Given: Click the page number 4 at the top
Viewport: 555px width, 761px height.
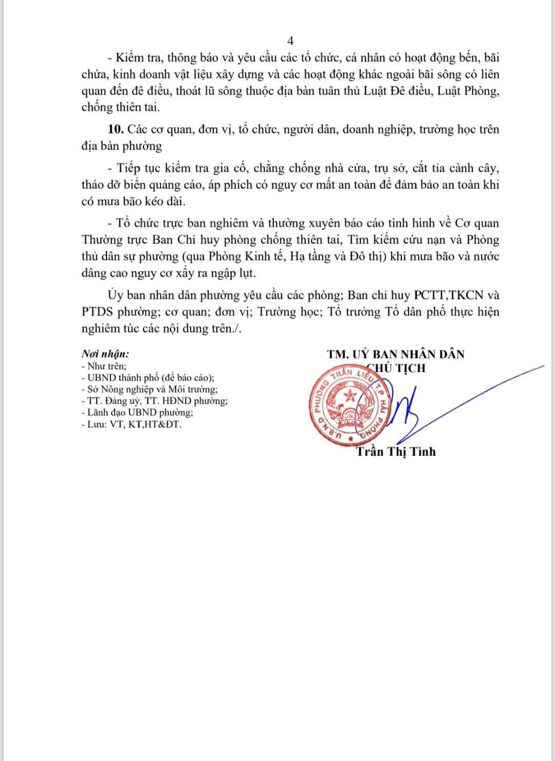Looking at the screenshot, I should point(290,41).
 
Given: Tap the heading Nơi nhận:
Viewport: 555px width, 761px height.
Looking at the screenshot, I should point(105,354).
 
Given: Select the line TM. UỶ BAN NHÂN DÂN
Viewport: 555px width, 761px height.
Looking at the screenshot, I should point(395,354).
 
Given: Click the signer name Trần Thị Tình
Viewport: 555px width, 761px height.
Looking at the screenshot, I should point(396,452).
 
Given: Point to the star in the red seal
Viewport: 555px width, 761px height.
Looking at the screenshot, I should point(350,396).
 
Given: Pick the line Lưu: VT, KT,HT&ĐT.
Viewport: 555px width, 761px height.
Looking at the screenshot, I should point(131,425).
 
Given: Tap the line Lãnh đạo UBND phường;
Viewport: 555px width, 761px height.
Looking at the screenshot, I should point(137,413).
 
